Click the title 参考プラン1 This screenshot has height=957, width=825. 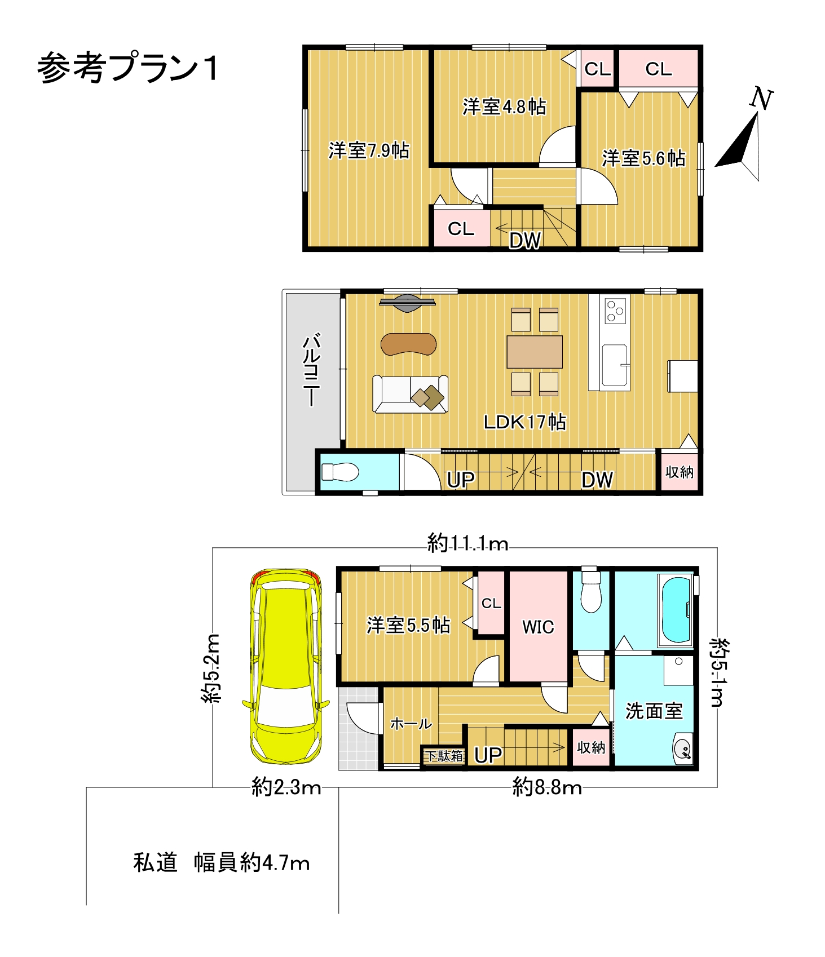click(127, 68)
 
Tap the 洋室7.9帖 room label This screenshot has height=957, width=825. click(369, 150)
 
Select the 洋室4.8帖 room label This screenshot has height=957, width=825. click(504, 107)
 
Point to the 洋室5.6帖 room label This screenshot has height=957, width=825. click(643, 158)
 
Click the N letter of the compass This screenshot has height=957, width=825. click(761, 99)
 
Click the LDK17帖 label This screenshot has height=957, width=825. click(524, 422)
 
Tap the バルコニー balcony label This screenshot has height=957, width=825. click(312, 370)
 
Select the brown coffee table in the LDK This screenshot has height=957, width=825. click(408, 344)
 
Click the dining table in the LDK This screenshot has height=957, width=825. click(535, 352)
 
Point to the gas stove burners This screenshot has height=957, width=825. click(615, 311)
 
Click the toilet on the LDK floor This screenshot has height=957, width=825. click(339, 472)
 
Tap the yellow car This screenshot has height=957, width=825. click(286, 667)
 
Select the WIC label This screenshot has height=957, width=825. click(538, 627)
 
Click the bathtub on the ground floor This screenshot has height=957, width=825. click(676, 610)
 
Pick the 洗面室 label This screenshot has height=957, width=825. click(654, 711)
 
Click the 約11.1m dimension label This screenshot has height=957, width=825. click(467, 543)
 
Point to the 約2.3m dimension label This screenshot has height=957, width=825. click(286, 787)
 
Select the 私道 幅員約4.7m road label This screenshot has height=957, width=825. click(222, 862)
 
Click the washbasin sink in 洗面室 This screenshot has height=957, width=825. click(683, 749)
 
